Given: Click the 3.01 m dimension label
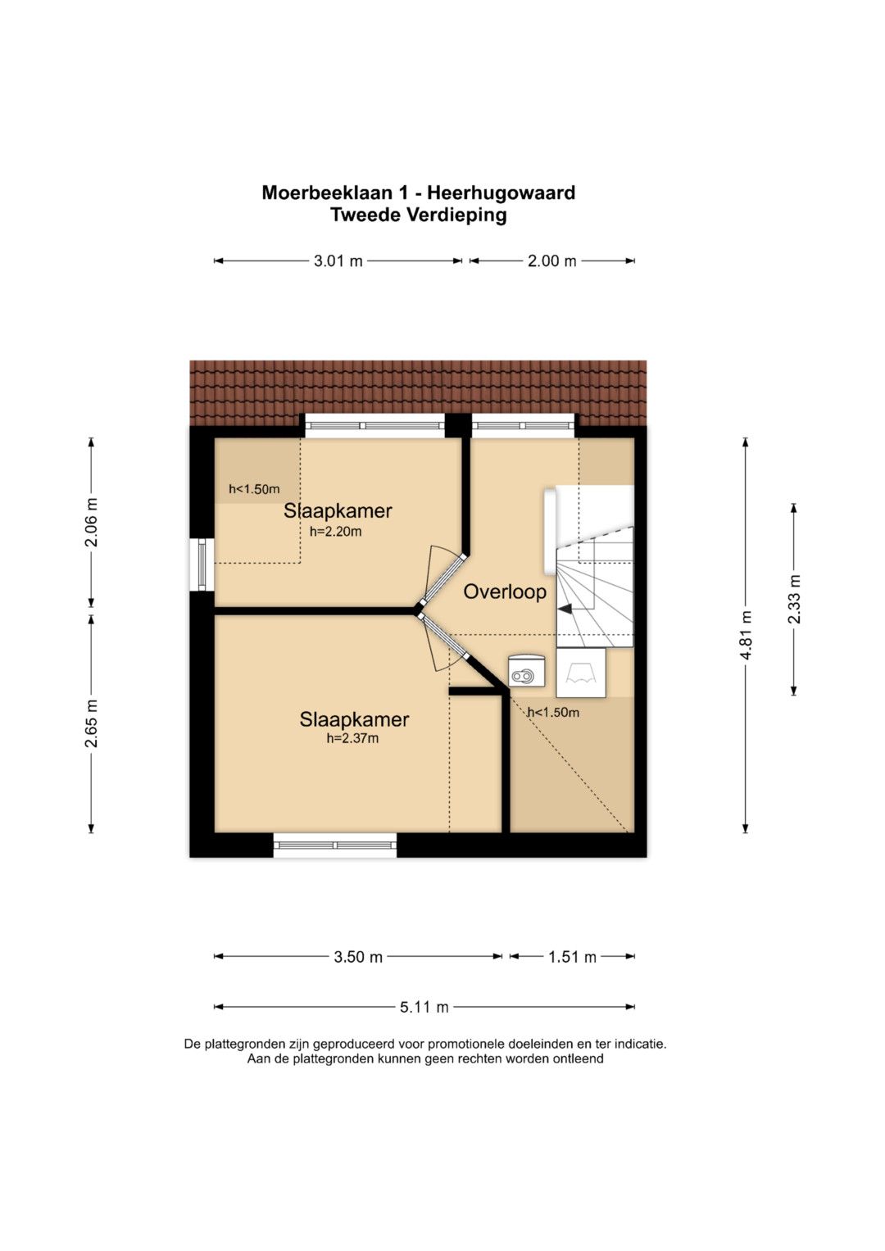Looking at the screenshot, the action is [x=338, y=261].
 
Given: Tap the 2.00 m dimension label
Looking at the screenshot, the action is [x=552, y=261].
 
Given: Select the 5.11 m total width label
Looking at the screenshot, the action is [x=424, y=1007].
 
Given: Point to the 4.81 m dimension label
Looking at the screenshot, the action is [x=746, y=635].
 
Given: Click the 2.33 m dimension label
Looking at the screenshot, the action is [x=794, y=599].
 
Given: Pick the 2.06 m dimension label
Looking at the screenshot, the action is [x=91, y=522].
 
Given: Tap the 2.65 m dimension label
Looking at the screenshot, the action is [x=91, y=723].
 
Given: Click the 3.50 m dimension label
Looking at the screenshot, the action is [x=358, y=957].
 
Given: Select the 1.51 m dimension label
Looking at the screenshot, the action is [x=572, y=957].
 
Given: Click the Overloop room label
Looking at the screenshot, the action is [x=505, y=592].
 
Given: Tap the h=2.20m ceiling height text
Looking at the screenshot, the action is [x=336, y=531].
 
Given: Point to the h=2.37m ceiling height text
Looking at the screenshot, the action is [x=352, y=738].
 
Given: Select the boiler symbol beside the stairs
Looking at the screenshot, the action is [x=525, y=670].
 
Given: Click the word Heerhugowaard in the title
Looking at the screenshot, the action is [x=501, y=193].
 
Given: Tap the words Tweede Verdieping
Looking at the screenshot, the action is [x=419, y=215].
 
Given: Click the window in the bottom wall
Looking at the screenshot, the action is [x=335, y=845].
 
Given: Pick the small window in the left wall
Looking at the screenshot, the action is [x=202, y=564].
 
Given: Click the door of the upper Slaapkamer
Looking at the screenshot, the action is [x=442, y=576].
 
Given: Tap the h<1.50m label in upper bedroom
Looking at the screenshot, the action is [x=254, y=489].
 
